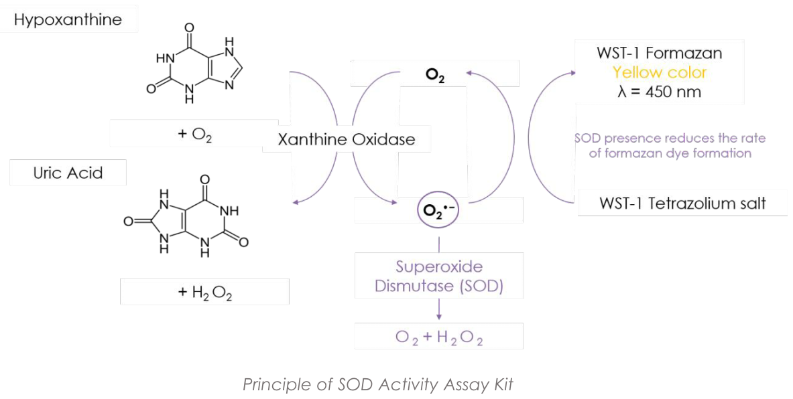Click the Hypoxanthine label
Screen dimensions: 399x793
pyautogui.click(x=68, y=19)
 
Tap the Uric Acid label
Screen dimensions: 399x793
pyautogui.click(x=68, y=173)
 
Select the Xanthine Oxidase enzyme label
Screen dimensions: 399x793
pyautogui.click(x=346, y=140)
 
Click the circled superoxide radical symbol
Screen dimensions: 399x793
pyautogui.click(x=438, y=210)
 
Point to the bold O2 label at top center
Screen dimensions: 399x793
pyautogui.click(x=434, y=75)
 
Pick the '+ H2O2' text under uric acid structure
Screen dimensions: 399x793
pyautogui.click(x=204, y=292)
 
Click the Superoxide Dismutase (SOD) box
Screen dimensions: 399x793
pyautogui.click(x=438, y=276)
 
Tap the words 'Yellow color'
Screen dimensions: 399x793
pyautogui.click(x=660, y=72)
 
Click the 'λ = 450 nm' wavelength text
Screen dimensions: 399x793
pyautogui.click(x=660, y=92)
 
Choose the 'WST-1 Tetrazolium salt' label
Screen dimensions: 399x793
pyautogui.click(x=682, y=203)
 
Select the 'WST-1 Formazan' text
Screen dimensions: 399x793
pyautogui.click(x=660, y=53)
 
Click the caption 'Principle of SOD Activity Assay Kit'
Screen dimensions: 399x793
pyautogui.click(x=378, y=385)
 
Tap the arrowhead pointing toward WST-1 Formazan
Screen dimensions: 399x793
pyautogui.click(x=570, y=70)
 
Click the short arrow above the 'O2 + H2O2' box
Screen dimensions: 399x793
pyautogui.click(x=438, y=310)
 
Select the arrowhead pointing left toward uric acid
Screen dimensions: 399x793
pyautogui.click(x=296, y=201)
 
